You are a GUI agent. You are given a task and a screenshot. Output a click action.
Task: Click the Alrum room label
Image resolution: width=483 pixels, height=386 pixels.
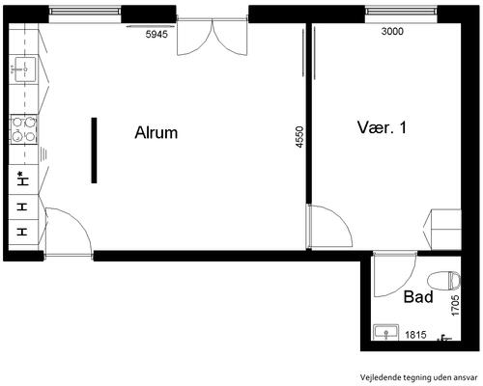pos(156,132)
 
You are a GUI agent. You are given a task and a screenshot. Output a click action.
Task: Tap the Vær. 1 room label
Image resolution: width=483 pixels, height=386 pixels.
pos(382,127)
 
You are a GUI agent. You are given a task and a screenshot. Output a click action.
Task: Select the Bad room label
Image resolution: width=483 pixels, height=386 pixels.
pos(418,296)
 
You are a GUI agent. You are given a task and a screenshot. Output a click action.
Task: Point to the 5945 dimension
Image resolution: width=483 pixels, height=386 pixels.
pos(156,34)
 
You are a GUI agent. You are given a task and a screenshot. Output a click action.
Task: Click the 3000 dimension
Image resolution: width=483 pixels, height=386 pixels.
pos(392,31)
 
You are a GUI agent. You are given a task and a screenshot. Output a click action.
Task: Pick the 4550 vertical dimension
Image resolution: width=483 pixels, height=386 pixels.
pos(299,137)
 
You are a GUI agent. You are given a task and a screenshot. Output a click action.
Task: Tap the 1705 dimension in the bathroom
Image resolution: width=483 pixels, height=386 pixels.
pos(455,306)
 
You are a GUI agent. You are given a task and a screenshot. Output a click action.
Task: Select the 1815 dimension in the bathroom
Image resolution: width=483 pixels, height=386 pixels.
pos(415,335)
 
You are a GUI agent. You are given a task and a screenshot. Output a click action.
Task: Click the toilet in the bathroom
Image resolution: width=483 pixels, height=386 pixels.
pos(444,280)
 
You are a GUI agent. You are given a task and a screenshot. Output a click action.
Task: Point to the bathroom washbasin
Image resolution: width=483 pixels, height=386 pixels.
pos(385,332)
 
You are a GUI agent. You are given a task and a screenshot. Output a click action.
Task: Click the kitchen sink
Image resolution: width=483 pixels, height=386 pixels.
pos(24,69)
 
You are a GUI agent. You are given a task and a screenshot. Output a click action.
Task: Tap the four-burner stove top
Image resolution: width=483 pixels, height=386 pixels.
pos(24,129)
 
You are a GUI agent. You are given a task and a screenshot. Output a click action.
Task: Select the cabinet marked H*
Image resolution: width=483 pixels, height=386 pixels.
pos(23,179)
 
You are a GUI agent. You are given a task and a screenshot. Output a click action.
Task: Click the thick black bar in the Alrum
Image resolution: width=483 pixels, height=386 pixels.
pos(94,151)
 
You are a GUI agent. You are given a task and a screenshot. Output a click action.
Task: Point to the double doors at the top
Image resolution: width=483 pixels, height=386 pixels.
pos(213,37)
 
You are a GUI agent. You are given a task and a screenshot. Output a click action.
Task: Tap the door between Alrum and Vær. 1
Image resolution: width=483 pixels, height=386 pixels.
pos(329,227)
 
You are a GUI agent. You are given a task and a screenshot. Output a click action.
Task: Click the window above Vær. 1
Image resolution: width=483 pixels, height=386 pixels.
pos(401,13)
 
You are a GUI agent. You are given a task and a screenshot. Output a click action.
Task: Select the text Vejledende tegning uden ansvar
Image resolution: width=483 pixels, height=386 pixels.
pos(418,377)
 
